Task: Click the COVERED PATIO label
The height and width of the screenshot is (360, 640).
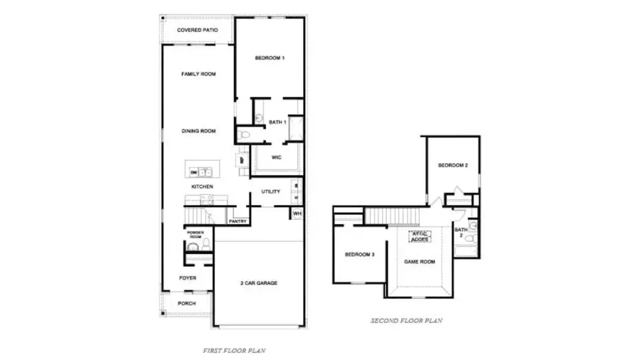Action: [197, 31]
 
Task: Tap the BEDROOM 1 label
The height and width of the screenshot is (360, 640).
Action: [270, 58]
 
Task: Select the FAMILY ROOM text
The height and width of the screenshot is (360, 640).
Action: [198, 74]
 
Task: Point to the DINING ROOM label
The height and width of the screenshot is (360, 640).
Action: [198, 131]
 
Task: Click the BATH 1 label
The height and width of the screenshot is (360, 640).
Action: [277, 122]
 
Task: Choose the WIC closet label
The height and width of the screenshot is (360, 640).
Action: [277, 157]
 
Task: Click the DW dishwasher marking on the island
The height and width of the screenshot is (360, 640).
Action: [193, 171]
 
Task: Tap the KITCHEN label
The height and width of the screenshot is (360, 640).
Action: [202, 186]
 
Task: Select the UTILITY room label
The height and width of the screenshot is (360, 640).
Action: [271, 191]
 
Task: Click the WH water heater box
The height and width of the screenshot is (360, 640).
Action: [297, 213]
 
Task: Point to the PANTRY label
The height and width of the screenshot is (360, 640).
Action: [238, 221]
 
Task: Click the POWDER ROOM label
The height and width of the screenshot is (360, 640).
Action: [196, 235]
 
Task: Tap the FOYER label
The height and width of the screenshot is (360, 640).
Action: [188, 278]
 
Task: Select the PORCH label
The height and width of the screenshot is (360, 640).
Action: [187, 303]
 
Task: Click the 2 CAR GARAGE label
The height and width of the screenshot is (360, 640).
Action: [258, 283]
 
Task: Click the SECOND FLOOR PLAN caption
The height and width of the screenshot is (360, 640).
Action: [407, 321]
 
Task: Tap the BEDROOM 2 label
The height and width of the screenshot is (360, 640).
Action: [452, 165]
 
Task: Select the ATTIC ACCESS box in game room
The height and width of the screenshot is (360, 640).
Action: [419, 236]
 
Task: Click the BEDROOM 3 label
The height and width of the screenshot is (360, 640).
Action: [360, 254]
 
